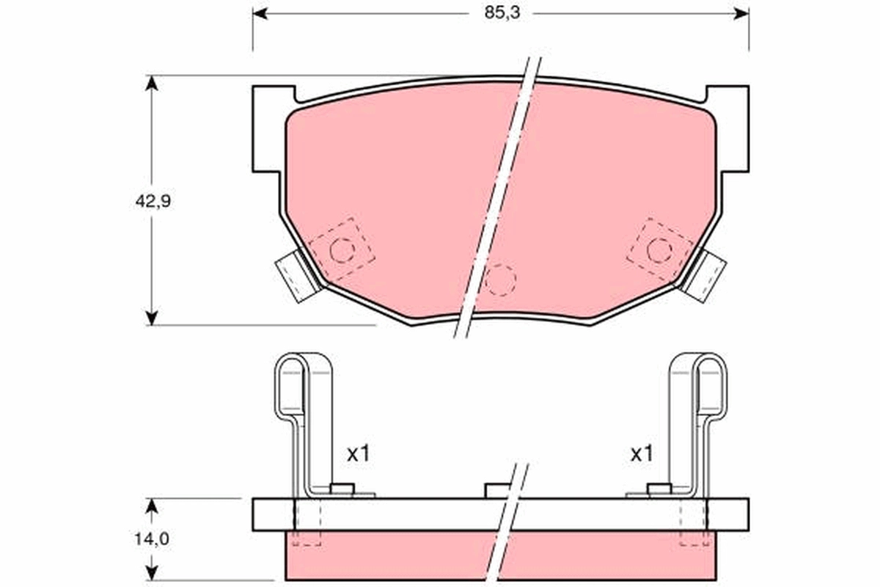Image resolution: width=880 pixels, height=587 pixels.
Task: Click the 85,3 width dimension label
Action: (502, 13)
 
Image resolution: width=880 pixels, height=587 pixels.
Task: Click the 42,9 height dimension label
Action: (153, 202)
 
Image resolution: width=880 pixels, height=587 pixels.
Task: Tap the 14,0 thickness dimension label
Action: (152, 539)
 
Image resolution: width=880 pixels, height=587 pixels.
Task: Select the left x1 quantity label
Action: (359, 454)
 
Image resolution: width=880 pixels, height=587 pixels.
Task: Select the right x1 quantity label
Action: (642, 454)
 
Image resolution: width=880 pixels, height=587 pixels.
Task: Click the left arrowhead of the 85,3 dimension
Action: (260, 14)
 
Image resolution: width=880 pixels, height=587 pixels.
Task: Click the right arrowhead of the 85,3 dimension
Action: (741, 14)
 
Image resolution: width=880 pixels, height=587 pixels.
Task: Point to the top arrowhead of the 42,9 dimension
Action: (152, 83)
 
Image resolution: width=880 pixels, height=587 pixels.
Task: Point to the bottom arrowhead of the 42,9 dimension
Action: (152, 318)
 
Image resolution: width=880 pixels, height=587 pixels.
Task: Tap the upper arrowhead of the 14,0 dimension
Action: (152, 506)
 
